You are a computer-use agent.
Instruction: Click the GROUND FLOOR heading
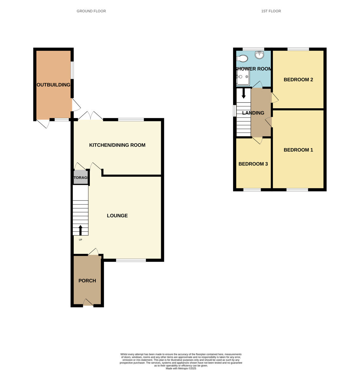click(91, 11)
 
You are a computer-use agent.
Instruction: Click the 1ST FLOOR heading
click(271, 11)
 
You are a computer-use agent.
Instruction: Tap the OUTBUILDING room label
click(53, 85)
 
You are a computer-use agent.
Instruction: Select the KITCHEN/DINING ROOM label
click(117, 145)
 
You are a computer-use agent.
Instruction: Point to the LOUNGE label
click(117, 216)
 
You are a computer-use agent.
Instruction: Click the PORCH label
click(87, 281)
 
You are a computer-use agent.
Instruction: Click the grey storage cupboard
click(80, 177)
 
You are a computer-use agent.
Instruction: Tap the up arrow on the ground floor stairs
click(80, 230)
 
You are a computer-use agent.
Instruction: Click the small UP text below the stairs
click(80, 240)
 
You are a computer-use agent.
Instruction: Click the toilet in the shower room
click(242, 58)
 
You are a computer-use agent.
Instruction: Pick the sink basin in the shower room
click(259, 55)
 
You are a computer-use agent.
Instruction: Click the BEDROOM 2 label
click(298, 80)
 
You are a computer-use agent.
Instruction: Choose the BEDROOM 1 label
click(298, 150)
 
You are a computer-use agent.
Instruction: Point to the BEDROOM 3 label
click(253, 164)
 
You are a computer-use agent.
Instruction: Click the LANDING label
click(253, 113)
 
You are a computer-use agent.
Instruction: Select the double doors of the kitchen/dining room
click(90, 116)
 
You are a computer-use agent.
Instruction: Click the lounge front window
click(131, 260)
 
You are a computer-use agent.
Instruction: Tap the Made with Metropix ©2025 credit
click(181, 368)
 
